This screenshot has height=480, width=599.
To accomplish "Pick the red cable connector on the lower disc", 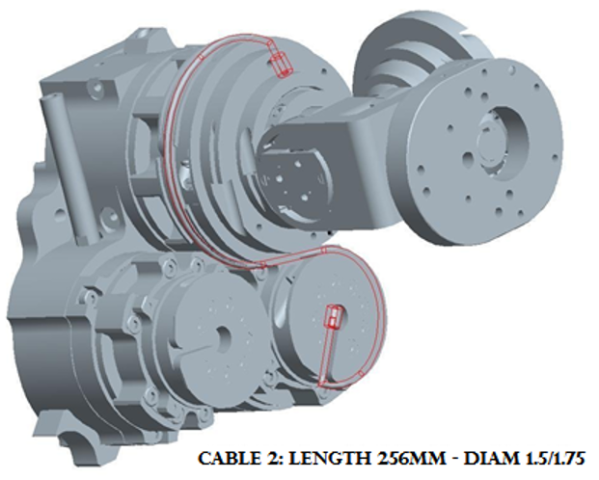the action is pos(334,317).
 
